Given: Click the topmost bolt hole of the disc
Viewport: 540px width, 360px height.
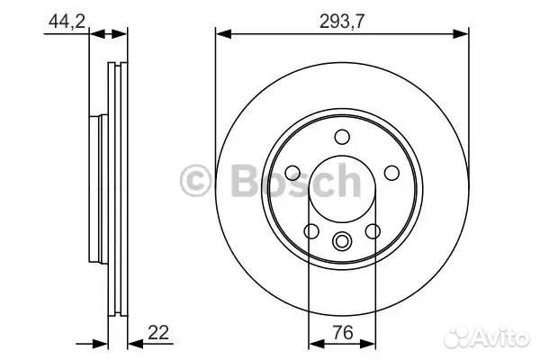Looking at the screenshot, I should click(342, 137).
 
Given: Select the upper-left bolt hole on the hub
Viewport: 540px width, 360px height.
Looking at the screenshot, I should click(293, 173).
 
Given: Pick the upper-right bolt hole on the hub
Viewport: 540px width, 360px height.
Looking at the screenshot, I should click(391, 173).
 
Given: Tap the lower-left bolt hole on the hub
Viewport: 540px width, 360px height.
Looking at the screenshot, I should click(311, 231).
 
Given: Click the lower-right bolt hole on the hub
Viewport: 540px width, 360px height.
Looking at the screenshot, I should click(373, 231).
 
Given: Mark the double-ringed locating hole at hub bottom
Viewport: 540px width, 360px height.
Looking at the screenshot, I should click(342, 241).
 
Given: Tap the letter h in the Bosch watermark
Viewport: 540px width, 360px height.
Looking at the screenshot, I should click(346, 181).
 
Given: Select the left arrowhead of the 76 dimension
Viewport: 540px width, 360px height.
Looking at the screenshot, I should click(312, 343).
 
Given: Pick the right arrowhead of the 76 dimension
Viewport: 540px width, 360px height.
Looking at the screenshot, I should click(372, 343).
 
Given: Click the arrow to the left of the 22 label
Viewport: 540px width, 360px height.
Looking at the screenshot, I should click(136, 343).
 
